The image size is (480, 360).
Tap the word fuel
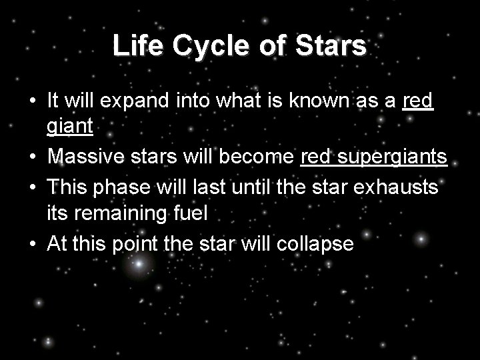pos(193,214)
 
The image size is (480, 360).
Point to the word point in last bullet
pos(136,245)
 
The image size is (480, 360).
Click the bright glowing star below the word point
pos(139,265)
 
